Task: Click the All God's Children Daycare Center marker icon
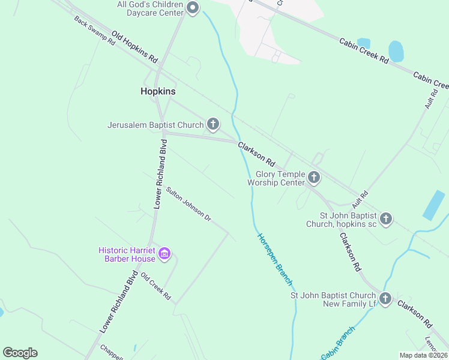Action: coord(193,8)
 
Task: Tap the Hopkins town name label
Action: coord(158,91)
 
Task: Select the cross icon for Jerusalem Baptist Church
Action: coord(212,125)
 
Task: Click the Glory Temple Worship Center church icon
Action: coord(313,177)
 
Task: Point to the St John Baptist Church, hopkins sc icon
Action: coord(386,219)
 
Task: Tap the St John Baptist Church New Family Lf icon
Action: coord(385,298)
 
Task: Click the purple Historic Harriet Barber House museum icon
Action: coord(164,254)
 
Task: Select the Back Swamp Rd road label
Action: coord(94,31)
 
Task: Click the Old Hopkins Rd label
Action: coord(134,49)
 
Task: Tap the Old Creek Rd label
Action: coord(156,286)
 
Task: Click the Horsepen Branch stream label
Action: coord(275,258)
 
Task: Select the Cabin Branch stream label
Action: coord(338,344)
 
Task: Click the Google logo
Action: coord(20,353)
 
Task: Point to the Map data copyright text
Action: coord(424,355)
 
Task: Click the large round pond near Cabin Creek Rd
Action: coord(396,52)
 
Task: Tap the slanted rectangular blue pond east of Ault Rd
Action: coord(434,205)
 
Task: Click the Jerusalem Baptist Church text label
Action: coord(155,125)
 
